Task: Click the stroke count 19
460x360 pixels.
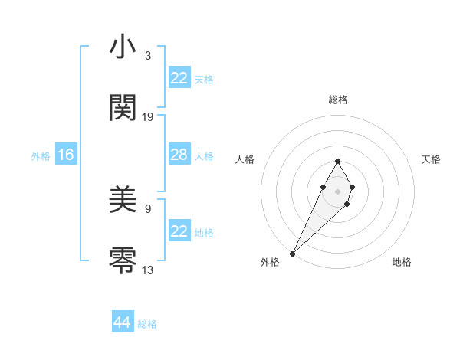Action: (148, 117)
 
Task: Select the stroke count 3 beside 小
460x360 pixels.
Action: (148, 56)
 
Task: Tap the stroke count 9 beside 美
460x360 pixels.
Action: (148, 208)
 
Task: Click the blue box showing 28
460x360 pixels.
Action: (179, 155)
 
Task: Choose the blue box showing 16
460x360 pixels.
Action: (65, 155)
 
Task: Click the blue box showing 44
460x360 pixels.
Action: (123, 322)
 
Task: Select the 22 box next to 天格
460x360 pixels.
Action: (179, 78)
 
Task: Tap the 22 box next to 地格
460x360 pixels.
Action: (179, 231)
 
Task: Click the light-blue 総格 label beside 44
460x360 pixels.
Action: (147, 324)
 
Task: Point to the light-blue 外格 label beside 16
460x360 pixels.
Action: (41, 156)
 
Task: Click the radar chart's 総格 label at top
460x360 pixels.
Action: (338, 100)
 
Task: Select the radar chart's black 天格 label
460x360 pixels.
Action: (432, 159)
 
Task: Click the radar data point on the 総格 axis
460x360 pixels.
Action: (337, 161)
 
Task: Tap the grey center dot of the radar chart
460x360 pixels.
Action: (337, 190)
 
